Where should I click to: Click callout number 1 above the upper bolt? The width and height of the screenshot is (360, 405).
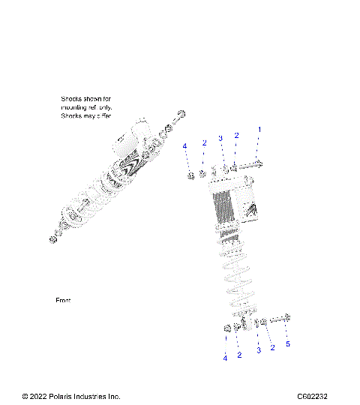[259, 130]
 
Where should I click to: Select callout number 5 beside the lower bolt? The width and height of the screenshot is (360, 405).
[287, 344]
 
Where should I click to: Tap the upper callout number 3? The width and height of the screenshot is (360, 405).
[220, 138]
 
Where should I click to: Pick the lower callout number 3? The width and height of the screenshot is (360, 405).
[258, 350]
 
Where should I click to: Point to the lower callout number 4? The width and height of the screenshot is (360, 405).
[224, 358]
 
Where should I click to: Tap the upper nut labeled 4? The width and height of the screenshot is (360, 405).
[190, 176]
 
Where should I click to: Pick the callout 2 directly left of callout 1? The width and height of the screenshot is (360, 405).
[236, 136]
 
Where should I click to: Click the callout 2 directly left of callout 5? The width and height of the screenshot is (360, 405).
[272, 348]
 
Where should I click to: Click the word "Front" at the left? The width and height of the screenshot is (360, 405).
[63, 300]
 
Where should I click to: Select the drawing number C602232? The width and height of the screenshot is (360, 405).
[312, 397]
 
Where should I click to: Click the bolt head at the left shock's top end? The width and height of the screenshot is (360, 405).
[181, 114]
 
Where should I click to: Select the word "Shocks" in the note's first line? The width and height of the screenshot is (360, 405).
[72, 98]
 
